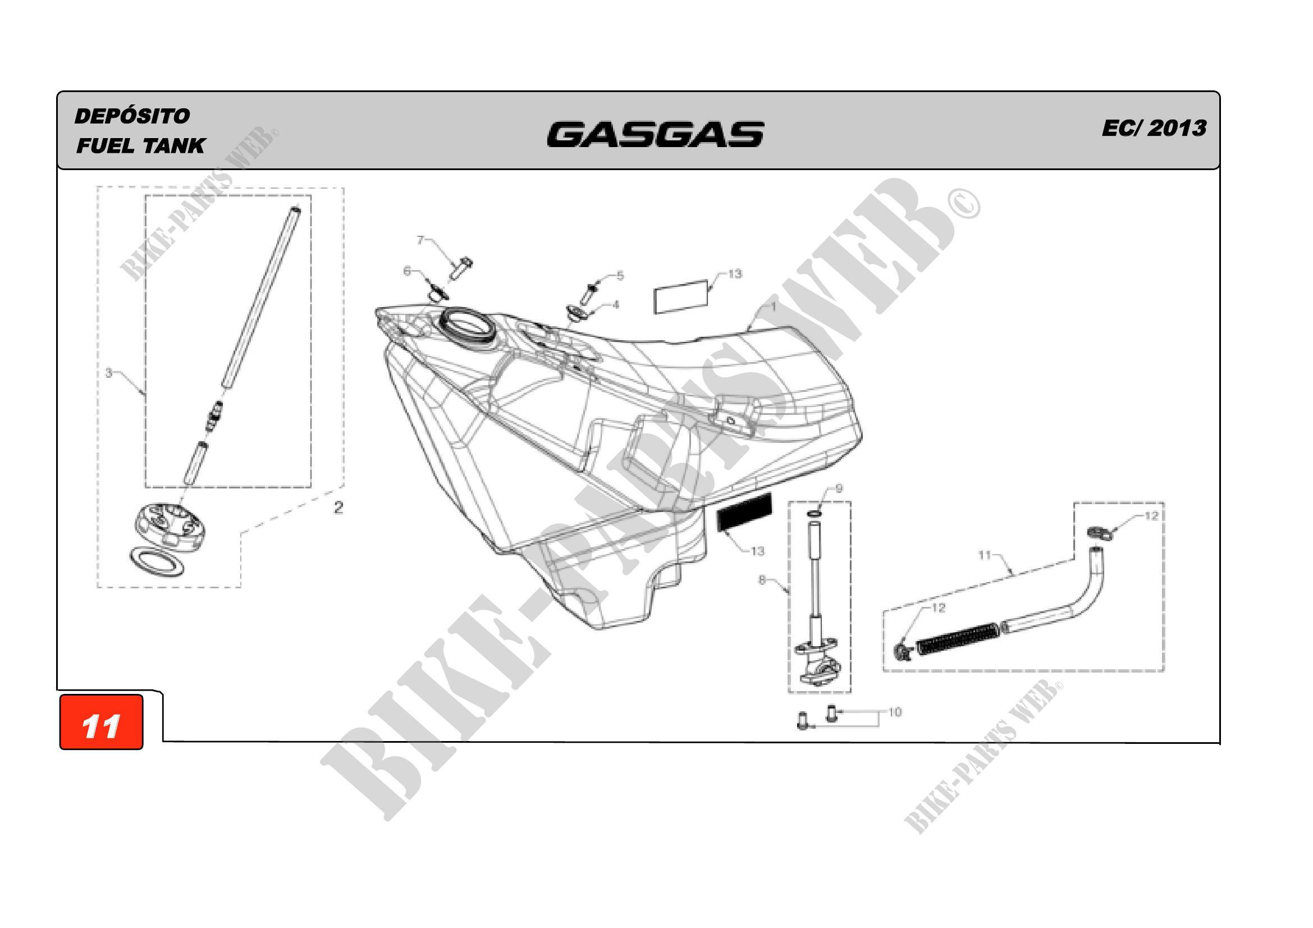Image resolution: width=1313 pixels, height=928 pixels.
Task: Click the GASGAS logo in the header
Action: point(655,134)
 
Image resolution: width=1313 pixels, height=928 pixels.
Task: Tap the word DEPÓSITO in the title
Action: point(132,116)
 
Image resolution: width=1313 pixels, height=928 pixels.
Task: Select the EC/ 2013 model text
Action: point(1154,128)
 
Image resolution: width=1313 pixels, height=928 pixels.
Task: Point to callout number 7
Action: point(420,240)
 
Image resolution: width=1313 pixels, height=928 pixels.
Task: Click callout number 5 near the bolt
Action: point(620,276)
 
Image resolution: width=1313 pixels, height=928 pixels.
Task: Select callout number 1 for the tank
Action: point(773,307)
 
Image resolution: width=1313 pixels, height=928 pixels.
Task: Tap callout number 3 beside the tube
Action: point(109,373)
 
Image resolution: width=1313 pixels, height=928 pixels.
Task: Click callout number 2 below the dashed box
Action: point(338,507)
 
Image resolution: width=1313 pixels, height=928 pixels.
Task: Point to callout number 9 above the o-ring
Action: point(839,488)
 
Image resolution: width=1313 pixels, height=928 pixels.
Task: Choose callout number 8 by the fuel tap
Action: point(762,580)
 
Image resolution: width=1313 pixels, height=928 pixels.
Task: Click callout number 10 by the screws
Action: point(895,712)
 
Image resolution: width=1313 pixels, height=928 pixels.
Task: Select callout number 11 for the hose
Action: point(984,555)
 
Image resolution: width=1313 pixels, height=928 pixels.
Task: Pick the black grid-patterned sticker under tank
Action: point(744,512)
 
